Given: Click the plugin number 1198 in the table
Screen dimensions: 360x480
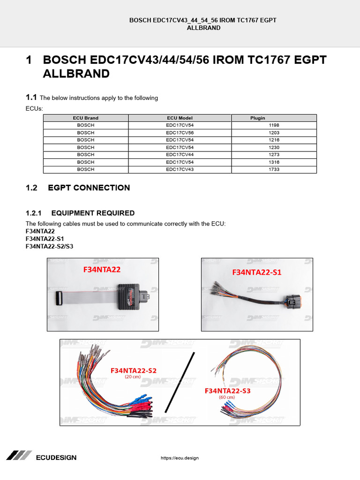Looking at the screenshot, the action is (x=274, y=126).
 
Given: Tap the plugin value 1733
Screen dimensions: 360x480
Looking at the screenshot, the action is (x=274, y=169).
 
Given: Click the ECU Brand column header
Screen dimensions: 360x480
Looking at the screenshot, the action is (x=86, y=118).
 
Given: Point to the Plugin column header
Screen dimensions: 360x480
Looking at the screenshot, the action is (x=257, y=118).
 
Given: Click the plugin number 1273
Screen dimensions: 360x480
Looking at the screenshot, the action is (x=274, y=155).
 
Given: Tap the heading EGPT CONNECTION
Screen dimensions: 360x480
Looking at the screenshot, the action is (x=89, y=188).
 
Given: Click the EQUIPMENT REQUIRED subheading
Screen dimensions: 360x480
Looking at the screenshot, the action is (x=93, y=213).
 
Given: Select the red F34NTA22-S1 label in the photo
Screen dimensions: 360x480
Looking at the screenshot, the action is (x=257, y=272).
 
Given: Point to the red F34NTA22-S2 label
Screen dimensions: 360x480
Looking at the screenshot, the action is (x=134, y=370).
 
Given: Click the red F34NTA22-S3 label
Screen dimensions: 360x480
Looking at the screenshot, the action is (x=227, y=390).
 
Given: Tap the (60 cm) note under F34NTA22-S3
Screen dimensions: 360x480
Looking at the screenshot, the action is (x=227, y=397).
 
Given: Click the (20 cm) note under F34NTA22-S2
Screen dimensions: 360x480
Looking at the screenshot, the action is (x=133, y=377).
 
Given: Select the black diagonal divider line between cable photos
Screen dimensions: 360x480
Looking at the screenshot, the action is (x=179, y=382).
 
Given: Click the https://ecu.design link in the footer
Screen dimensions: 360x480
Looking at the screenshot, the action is (x=180, y=458).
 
